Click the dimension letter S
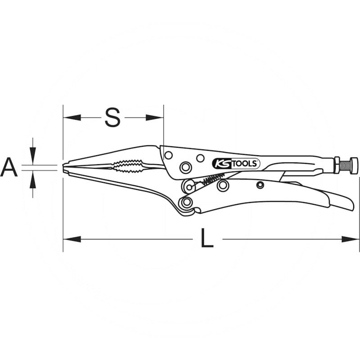coord(112,117)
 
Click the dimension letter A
coord(9,167)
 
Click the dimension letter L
coord(207,239)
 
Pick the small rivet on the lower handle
coord(260,185)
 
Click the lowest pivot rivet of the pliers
coord(184,203)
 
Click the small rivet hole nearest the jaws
coord(168,155)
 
